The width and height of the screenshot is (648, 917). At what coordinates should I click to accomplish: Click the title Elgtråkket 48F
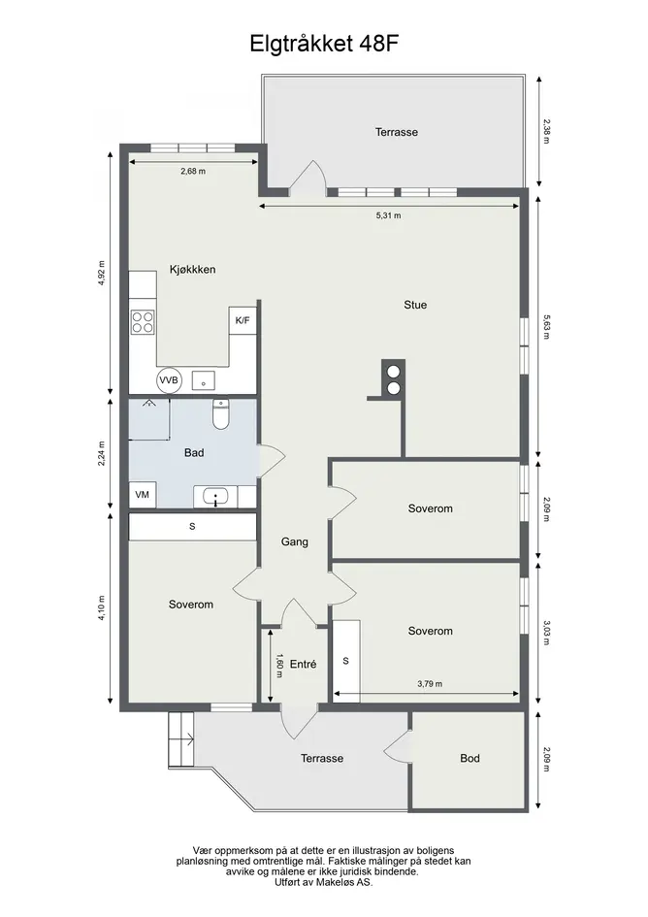pos(325,44)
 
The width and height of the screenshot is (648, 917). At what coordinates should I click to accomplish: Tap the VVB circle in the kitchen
pos(170,380)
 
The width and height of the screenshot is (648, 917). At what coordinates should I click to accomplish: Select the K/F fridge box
pos(243,320)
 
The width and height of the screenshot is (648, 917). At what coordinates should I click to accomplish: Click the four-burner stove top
pos(143,321)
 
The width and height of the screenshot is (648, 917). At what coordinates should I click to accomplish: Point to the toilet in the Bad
pos(220,414)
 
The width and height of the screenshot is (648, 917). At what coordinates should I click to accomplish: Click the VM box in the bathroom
pos(143,495)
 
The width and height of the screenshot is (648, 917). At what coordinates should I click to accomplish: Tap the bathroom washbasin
pos(215,498)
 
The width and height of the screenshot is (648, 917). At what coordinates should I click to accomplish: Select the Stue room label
pos(415,305)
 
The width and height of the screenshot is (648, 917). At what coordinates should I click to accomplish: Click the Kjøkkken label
pos(192,270)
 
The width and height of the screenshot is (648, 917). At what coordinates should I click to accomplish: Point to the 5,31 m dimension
pos(388,215)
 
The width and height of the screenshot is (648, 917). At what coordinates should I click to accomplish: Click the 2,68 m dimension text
pos(193,172)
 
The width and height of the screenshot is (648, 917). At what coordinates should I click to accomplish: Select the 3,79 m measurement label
pos(430,684)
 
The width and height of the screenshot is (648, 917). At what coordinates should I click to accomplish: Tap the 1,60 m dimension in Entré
pos(279,666)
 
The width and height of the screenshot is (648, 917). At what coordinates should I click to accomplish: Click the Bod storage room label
pos(470,759)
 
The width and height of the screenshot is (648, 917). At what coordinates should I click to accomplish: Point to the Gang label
pos(295,542)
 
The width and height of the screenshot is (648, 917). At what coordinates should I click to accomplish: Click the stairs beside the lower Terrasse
pos(180,739)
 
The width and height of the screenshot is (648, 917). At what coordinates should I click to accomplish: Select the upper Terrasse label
pos(397,132)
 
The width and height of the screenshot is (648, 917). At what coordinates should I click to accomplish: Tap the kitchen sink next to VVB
pos(203,380)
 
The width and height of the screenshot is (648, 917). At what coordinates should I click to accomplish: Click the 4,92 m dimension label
pos(102,273)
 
